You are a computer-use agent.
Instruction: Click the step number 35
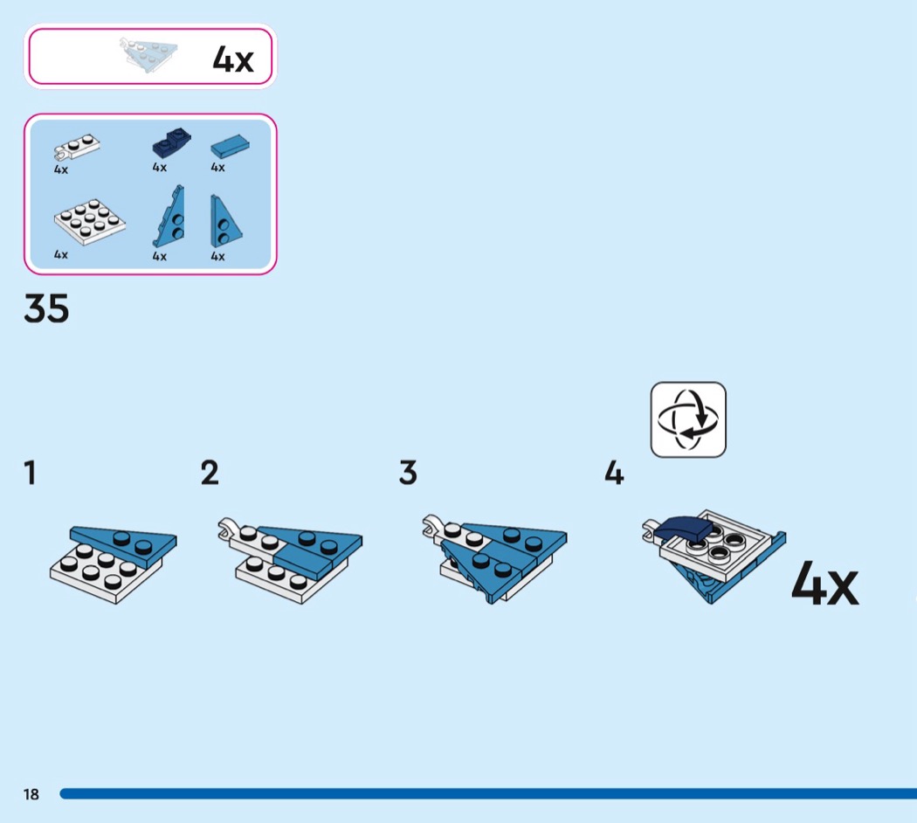coord(46,309)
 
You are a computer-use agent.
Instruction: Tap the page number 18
coord(31,794)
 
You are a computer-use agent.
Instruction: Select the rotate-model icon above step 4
coord(688,419)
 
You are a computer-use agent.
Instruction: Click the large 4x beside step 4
coord(824,584)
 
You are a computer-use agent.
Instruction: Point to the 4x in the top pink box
coord(233,59)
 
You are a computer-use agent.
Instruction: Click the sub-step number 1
coord(31,473)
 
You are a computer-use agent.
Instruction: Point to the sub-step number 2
coord(210,473)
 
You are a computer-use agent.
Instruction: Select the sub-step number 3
coord(408,473)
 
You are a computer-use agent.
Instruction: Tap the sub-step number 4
coord(614,473)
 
